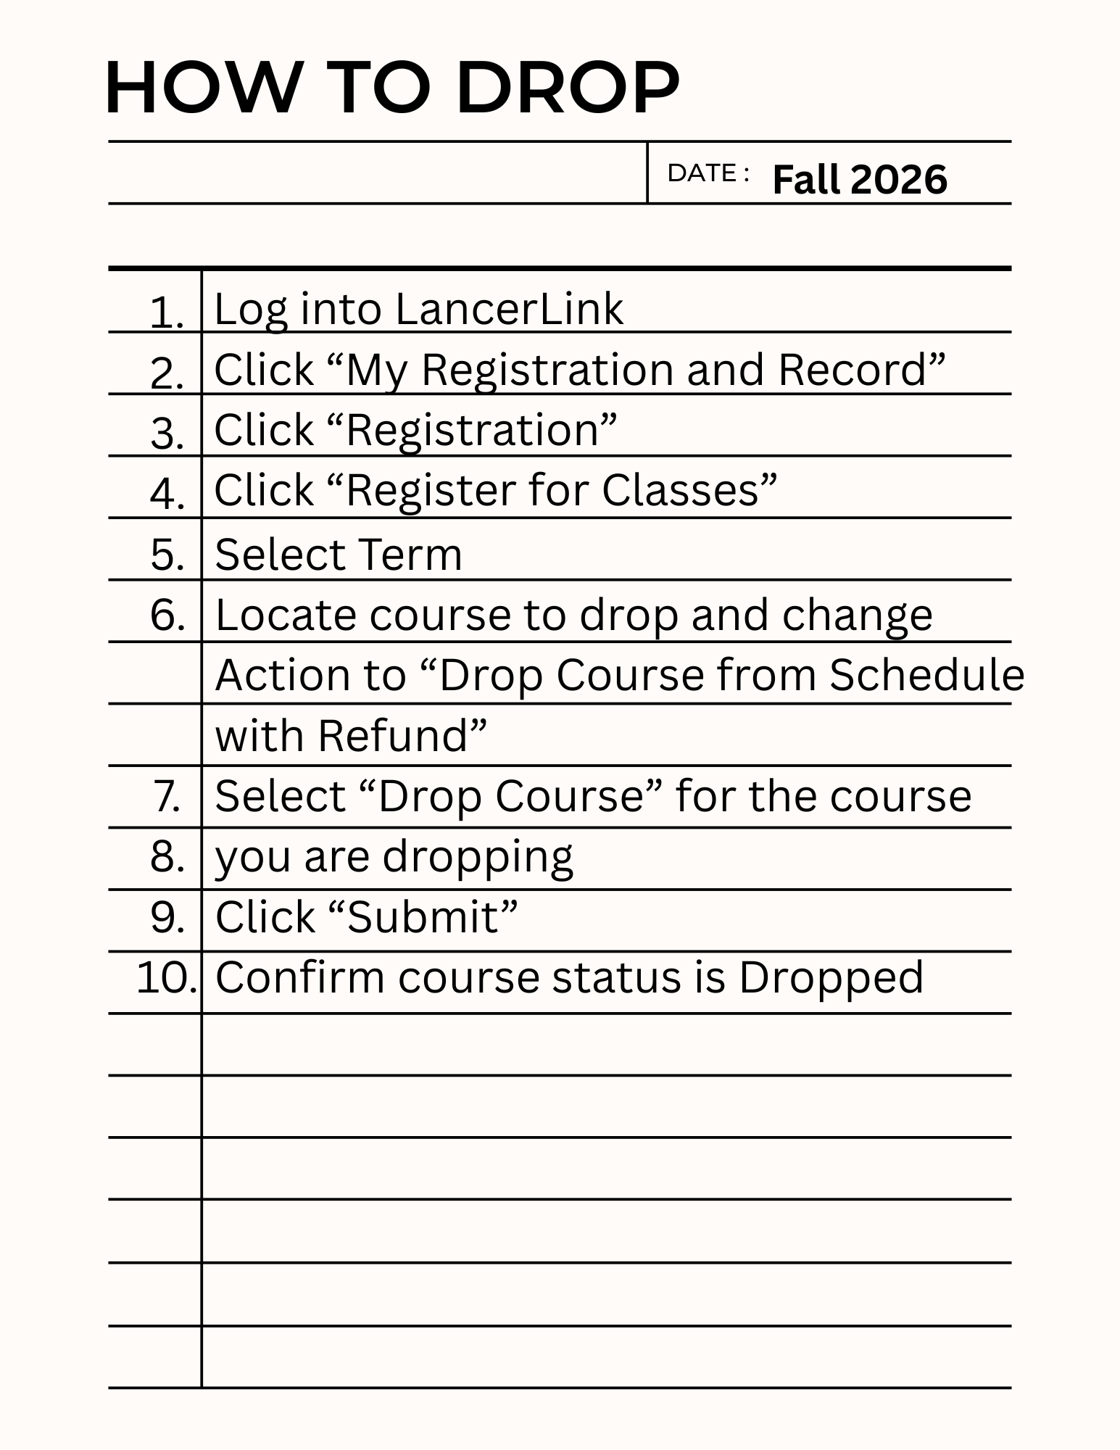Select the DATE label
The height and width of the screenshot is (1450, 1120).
(x=702, y=173)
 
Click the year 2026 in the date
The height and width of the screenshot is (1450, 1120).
(x=899, y=179)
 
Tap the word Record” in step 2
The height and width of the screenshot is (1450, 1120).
(x=862, y=370)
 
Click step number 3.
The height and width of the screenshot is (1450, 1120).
(x=167, y=434)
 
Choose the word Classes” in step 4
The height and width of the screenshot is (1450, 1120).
(x=689, y=491)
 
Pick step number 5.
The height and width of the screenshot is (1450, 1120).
(x=167, y=555)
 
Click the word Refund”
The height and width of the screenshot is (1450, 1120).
(x=402, y=736)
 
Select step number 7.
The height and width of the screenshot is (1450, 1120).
(x=167, y=796)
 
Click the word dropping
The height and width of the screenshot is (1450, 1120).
(x=478, y=858)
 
